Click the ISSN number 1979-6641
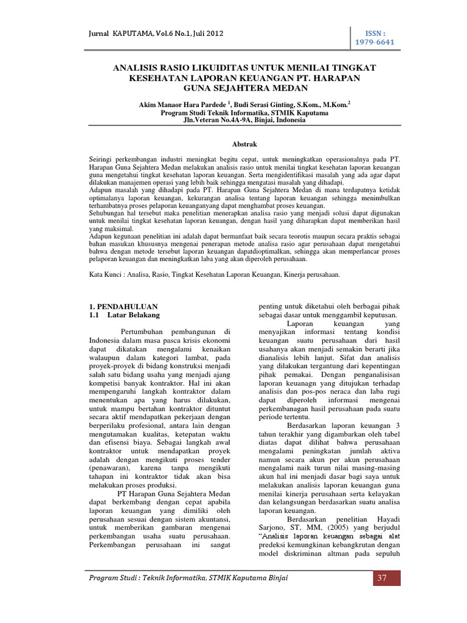click(376, 44)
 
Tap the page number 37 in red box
click(382, 577)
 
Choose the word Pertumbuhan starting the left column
click(144, 330)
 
